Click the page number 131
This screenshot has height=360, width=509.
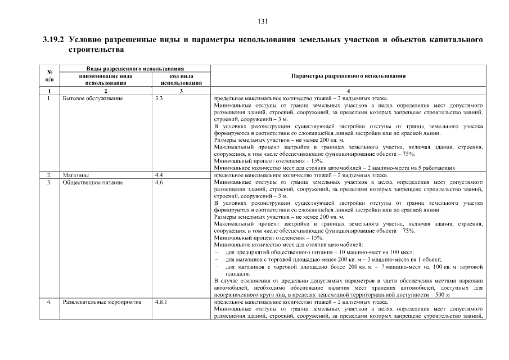click(x=262, y=22)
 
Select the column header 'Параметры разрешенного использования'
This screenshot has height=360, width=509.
click(x=349, y=75)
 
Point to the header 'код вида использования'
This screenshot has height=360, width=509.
click(x=181, y=79)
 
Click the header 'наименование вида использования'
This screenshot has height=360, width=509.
click(x=106, y=79)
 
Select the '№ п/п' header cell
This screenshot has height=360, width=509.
click(x=49, y=75)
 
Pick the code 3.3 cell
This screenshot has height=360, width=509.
click(x=159, y=98)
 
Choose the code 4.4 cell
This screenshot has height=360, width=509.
click(x=159, y=175)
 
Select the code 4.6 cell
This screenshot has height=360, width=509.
click(x=159, y=183)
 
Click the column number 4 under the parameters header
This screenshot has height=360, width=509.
click(x=349, y=91)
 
